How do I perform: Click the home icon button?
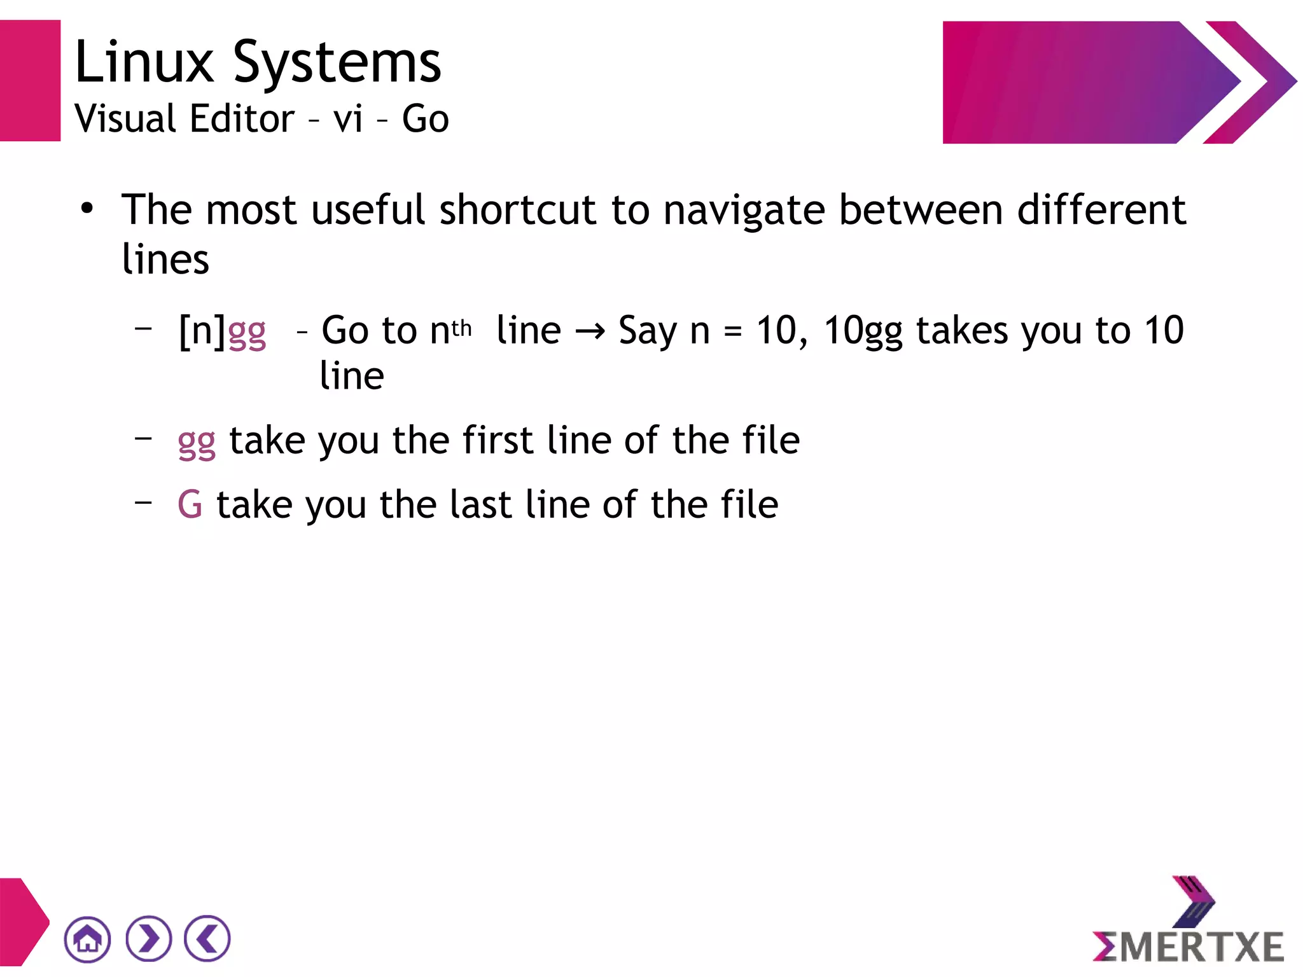click(87, 939)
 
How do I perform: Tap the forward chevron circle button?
click(148, 939)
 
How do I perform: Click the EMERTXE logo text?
click(1188, 946)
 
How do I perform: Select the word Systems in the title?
click(337, 64)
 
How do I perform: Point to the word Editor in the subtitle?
click(242, 119)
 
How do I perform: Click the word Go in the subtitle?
click(425, 119)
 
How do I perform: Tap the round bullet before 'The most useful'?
click(87, 209)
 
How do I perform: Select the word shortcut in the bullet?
click(518, 210)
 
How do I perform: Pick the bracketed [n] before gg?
click(202, 331)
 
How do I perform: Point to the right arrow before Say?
click(590, 331)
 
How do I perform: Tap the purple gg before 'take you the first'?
click(197, 442)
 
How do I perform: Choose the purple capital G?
click(190, 504)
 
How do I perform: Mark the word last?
click(480, 504)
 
